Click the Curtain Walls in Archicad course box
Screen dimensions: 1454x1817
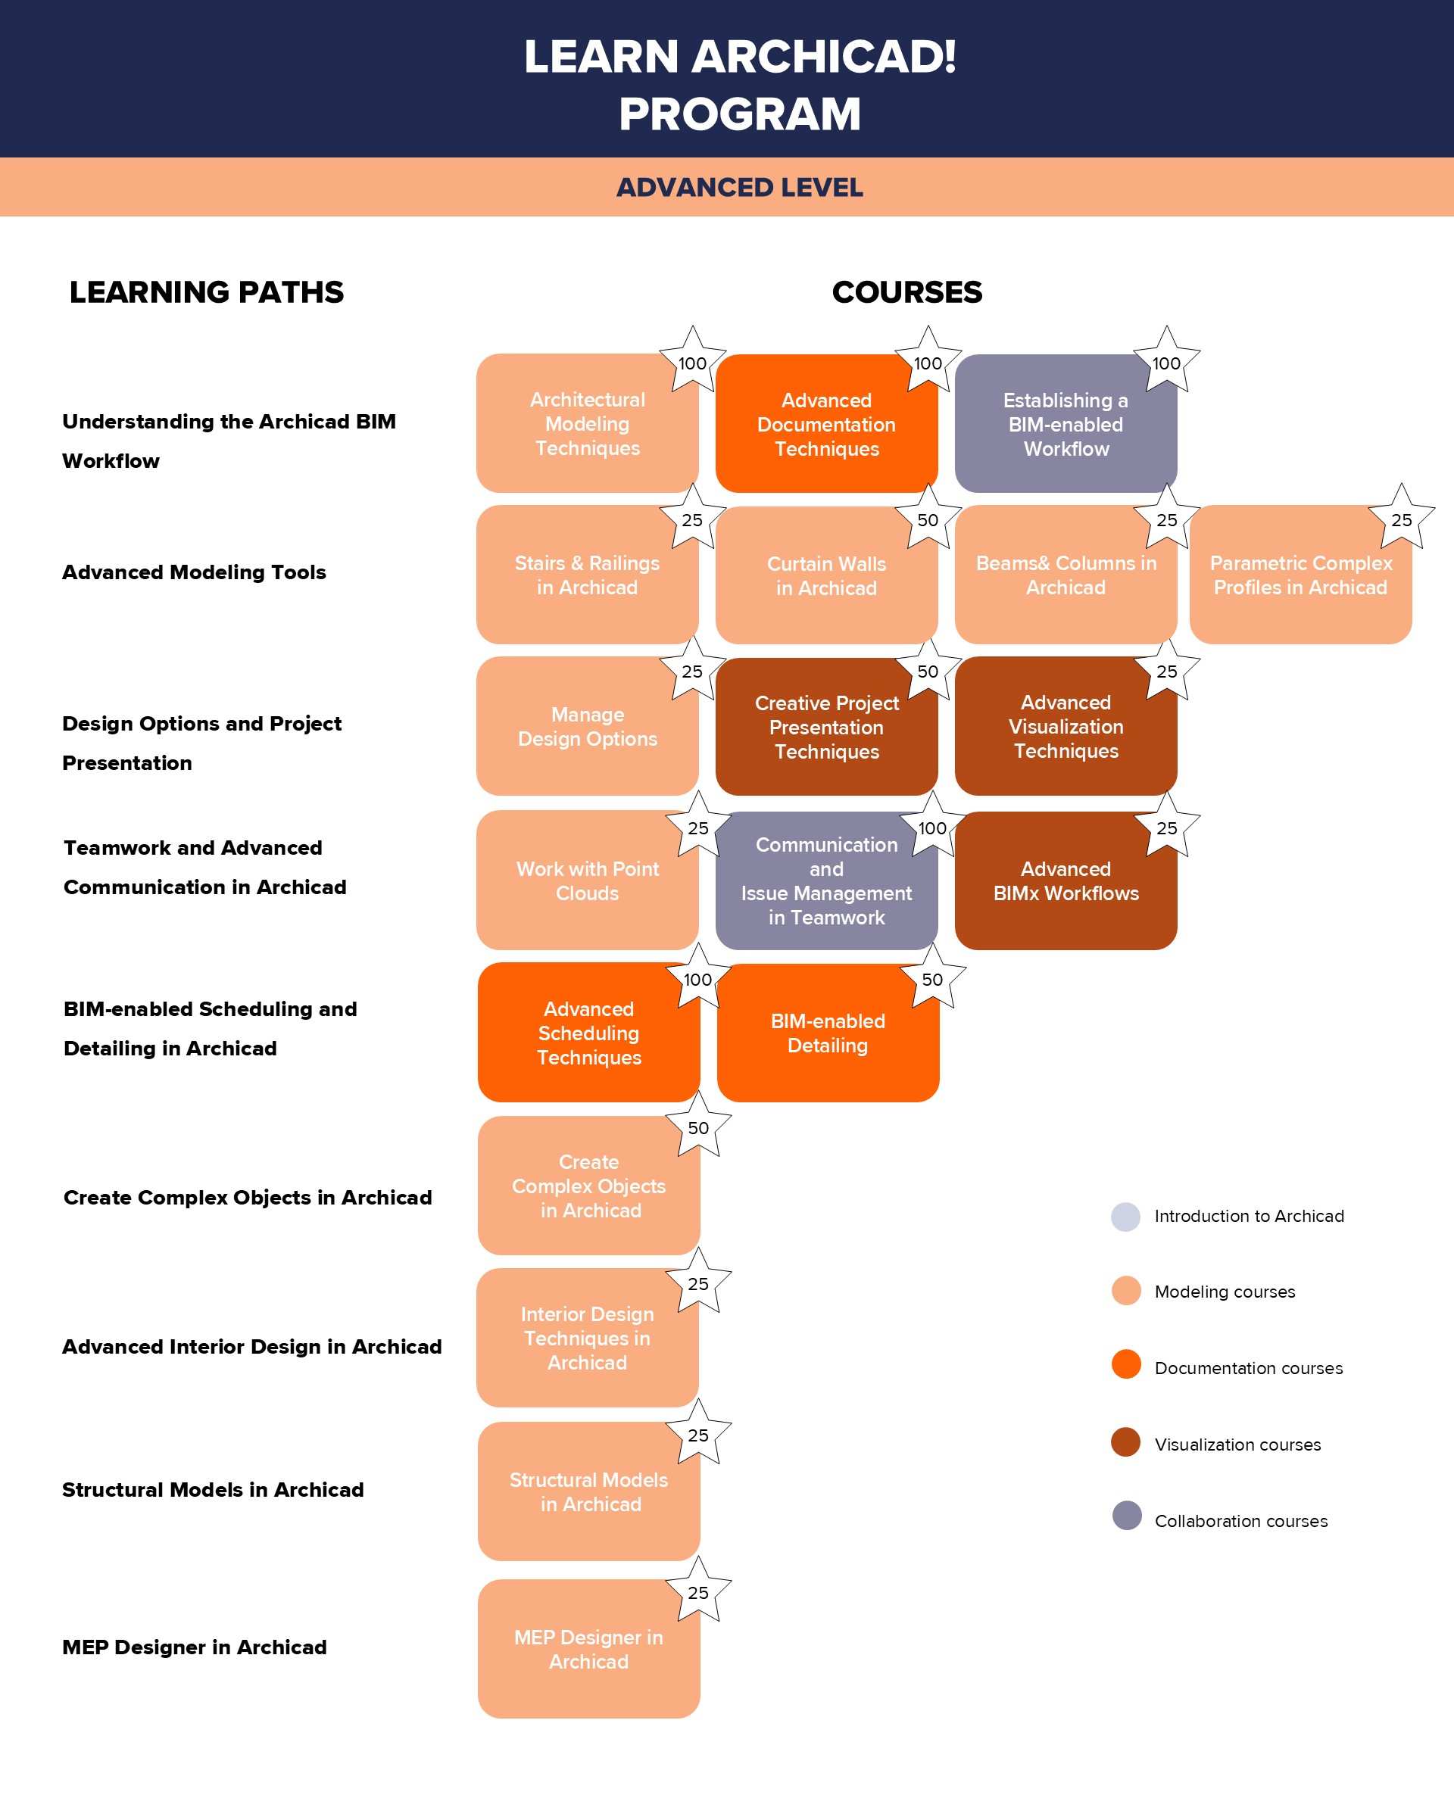pyautogui.click(x=826, y=575)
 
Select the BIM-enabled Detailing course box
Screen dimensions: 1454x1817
pyautogui.click(x=828, y=1033)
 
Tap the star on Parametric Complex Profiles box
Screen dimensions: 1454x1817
pyautogui.click(x=1401, y=517)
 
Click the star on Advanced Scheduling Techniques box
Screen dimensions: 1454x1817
pyautogui.click(x=698, y=977)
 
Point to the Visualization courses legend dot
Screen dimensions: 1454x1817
pyautogui.click(x=1125, y=1442)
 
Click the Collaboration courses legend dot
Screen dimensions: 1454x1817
pyautogui.click(x=1126, y=1515)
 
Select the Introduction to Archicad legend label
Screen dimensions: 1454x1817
pyautogui.click(x=1250, y=1216)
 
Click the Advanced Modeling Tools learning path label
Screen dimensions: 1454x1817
pyautogui.click(x=194, y=572)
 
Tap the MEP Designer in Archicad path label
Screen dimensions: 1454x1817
pyautogui.click(x=195, y=1647)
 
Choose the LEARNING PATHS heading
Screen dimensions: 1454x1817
pyautogui.click(x=207, y=292)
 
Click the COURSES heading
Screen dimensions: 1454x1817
pyautogui.click(x=907, y=292)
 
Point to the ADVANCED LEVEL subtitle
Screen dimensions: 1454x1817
pyautogui.click(x=739, y=187)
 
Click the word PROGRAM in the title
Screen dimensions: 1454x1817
pyautogui.click(x=740, y=114)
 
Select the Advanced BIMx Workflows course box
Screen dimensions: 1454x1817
pyautogui.click(x=1066, y=880)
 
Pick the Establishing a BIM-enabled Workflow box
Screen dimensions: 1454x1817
pyautogui.click(x=1066, y=423)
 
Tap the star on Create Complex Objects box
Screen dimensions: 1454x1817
pyautogui.click(x=698, y=1125)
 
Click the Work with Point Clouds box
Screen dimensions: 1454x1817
pyautogui.click(x=588, y=880)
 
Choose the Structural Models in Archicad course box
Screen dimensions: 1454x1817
pyautogui.click(x=588, y=1491)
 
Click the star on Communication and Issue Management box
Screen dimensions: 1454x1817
pyautogui.click(x=932, y=825)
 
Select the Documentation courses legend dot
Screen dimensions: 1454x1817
pyautogui.click(x=1126, y=1364)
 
